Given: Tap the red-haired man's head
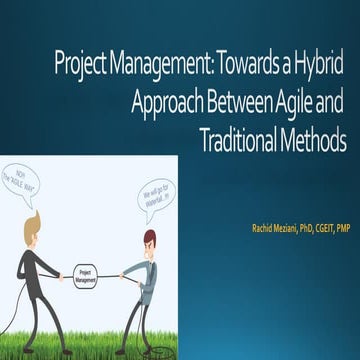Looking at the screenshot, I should pyautogui.click(x=150, y=240).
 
